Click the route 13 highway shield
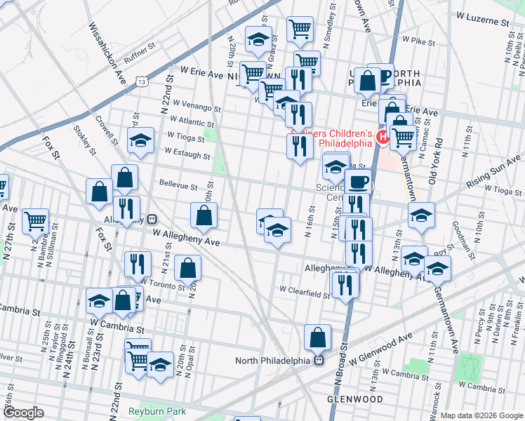(x=143, y=82)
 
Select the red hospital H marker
(x=383, y=137)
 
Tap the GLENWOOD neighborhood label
(x=355, y=399)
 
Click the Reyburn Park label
(x=158, y=411)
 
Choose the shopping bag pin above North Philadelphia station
(x=318, y=338)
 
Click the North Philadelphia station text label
(x=272, y=361)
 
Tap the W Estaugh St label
(x=185, y=151)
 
